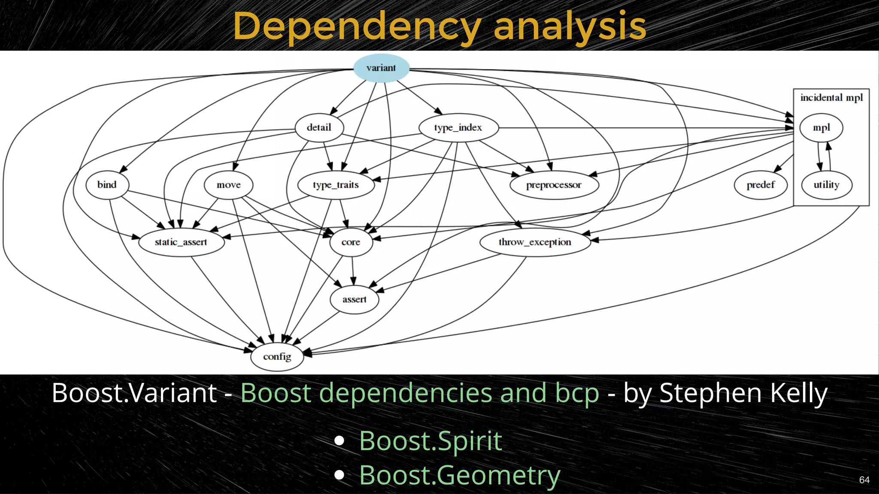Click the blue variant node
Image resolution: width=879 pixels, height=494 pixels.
coord(381,68)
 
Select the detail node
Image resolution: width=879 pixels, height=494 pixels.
coord(319,127)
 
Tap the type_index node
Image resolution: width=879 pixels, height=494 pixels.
coord(458,127)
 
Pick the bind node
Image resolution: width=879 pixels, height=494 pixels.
coord(107,185)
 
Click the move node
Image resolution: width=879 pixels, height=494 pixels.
coord(228,185)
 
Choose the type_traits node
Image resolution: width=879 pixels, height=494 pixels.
coord(336,185)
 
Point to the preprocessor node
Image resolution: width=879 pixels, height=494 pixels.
coord(554,185)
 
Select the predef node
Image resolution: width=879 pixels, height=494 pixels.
coord(761,185)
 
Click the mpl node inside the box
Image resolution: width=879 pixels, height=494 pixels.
coord(821,128)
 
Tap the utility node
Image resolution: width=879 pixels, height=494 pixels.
coord(826,185)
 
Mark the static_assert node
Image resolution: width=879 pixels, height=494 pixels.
coord(181,242)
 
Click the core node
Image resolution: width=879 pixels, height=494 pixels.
coord(351,242)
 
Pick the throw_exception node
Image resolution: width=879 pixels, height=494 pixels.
coord(535,242)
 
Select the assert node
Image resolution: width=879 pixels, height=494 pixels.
coord(354,299)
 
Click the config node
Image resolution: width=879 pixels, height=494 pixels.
coord(277,356)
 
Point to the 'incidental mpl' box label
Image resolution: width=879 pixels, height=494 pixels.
coord(831,98)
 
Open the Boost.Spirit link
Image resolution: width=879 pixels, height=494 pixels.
coord(430,441)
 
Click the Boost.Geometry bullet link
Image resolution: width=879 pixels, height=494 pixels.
coord(460,475)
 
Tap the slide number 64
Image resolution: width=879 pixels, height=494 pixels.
coord(864,480)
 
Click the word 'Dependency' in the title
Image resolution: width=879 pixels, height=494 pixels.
coord(356,27)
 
